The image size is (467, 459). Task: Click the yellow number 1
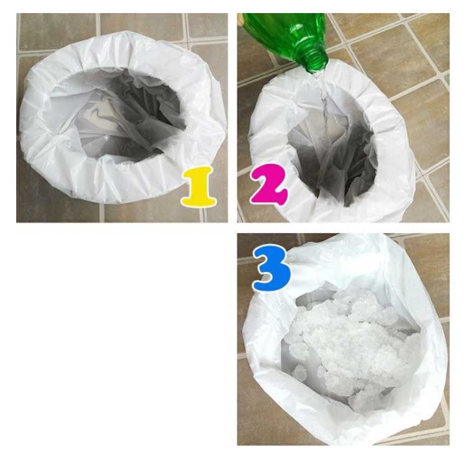tap(199, 186)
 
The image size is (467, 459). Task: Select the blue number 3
tap(271, 268)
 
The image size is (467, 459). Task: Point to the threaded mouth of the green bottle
tap(317, 62)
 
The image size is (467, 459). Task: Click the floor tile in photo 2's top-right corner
tap(423, 39)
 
